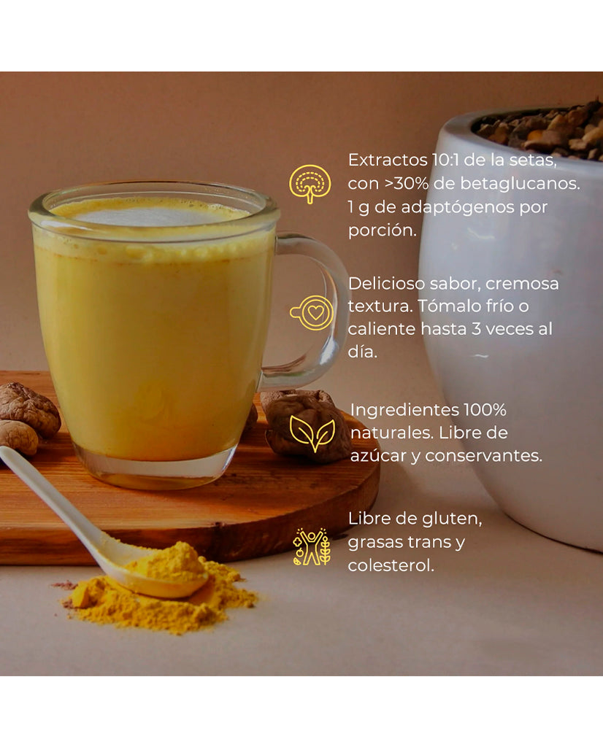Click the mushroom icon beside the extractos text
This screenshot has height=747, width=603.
click(x=310, y=184)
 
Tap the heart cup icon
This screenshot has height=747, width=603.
click(x=312, y=313)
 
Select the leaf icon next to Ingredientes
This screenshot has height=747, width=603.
click(x=312, y=431)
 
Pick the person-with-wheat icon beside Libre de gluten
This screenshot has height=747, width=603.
click(x=311, y=546)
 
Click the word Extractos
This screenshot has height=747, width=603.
click(x=382, y=160)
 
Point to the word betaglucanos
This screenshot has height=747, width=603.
click(x=534, y=183)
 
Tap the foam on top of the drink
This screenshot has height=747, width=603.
click(x=153, y=214)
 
